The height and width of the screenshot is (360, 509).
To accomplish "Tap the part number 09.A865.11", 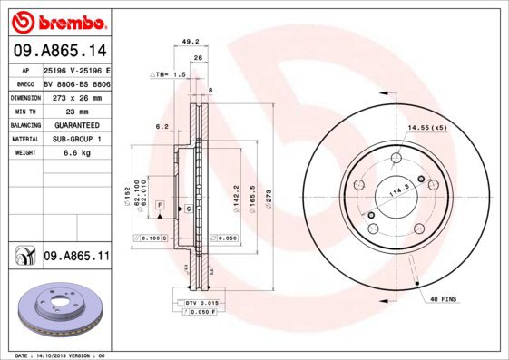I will point(75,258).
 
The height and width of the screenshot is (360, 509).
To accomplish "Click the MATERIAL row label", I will point(24,139).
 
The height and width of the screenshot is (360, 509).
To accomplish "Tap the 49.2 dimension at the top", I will point(191,41).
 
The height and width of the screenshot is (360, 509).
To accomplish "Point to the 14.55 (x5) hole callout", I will point(427,127).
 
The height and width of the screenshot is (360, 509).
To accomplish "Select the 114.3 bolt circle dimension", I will point(400,191).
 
